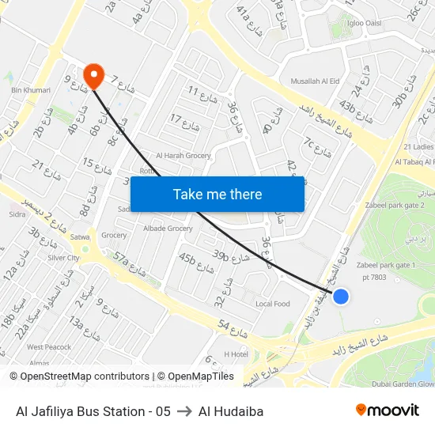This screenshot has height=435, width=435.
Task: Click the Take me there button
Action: [217, 194]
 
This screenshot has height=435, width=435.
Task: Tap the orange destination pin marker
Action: [94, 75]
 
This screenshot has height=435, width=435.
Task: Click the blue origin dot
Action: [341, 296]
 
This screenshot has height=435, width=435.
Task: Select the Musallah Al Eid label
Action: [316, 81]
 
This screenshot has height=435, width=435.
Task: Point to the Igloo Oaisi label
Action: [364, 23]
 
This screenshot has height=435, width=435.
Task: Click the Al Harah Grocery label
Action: [183, 156]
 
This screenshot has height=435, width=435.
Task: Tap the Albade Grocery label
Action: [168, 229]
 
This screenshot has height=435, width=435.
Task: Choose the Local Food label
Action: [273, 304]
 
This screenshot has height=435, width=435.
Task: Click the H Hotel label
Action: [236, 354]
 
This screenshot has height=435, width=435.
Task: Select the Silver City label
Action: [63, 258]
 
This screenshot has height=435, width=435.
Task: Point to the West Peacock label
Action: [49, 347]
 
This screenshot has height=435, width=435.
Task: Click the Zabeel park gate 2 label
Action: [396, 206]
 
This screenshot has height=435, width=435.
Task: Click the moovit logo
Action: [388, 410]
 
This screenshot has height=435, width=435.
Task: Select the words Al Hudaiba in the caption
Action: [231, 411]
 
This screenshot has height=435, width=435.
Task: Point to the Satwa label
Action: [81, 236]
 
